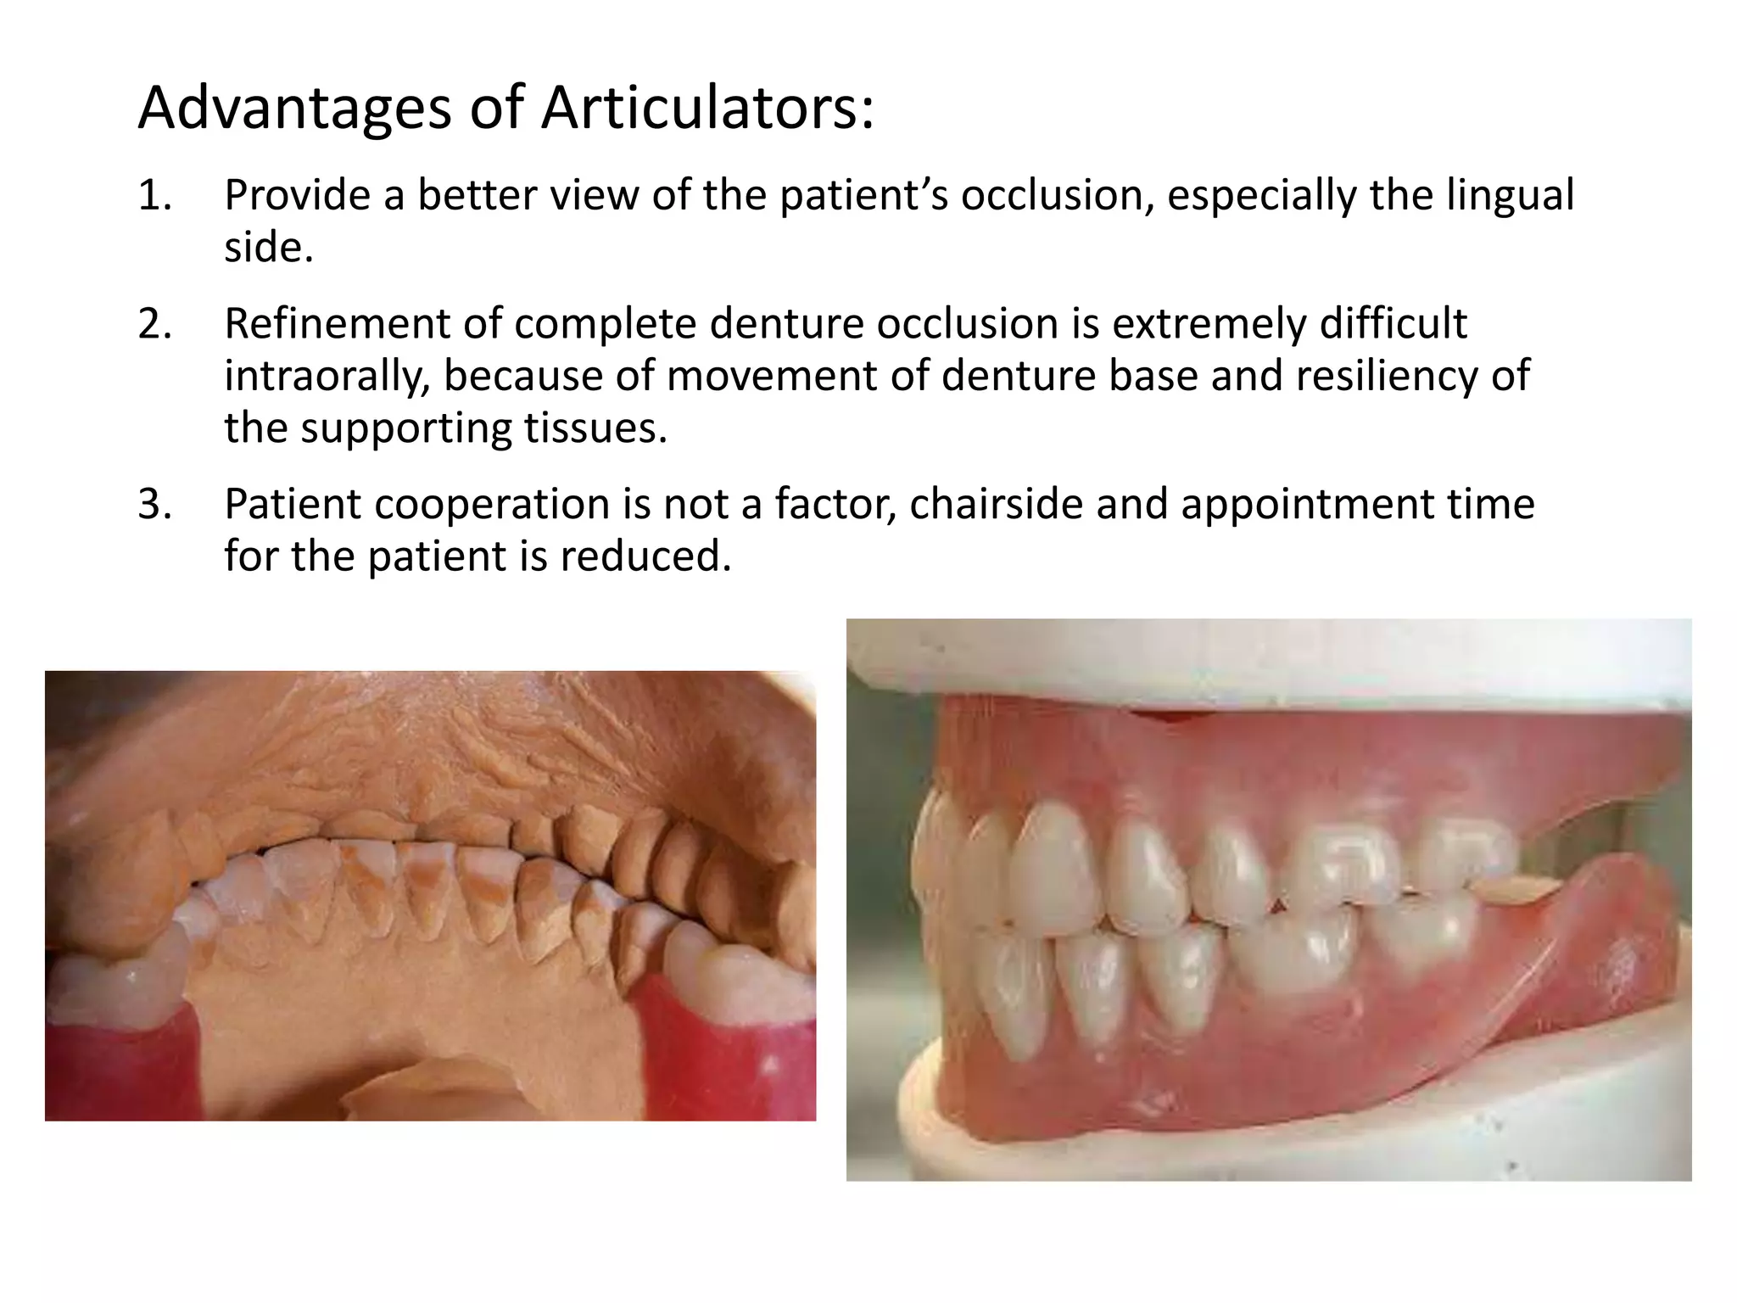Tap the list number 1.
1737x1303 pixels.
pos(154,196)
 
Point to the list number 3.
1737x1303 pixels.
pos(154,505)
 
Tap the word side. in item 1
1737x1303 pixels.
pos(269,248)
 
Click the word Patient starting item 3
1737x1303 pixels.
pos(293,505)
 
